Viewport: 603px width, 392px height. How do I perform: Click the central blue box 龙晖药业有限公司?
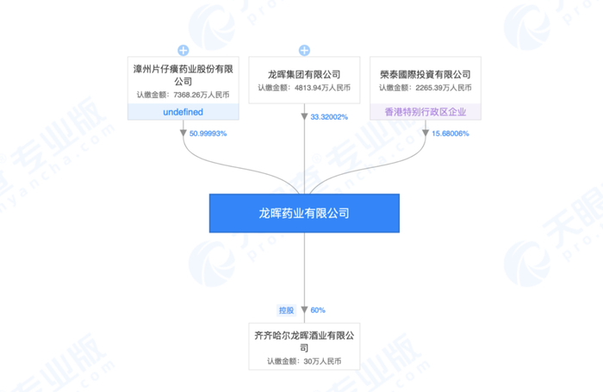(x=304, y=213)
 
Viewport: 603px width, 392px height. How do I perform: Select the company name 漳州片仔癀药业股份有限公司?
(x=183, y=75)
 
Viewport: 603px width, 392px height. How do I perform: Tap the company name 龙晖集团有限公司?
(x=304, y=74)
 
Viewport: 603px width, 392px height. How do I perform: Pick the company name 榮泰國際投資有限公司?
(x=425, y=74)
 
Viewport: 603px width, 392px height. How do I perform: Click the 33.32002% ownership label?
(x=329, y=116)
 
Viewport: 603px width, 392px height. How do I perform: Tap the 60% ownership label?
(x=317, y=309)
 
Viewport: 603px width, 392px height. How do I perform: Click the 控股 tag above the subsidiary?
(x=286, y=309)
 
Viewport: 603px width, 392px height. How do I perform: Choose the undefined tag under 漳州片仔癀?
(x=183, y=112)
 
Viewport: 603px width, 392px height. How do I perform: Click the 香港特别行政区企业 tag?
(x=425, y=111)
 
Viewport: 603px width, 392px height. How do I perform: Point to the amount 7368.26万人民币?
(x=183, y=95)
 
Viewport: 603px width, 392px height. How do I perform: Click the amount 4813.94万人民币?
(x=304, y=88)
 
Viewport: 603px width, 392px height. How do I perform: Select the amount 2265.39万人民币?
(x=425, y=88)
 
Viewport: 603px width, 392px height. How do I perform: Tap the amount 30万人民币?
(x=304, y=362)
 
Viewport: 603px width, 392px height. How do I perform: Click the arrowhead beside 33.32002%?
(x=304, y=116)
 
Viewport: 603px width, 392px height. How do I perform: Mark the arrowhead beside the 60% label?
(x=304, y=309)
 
